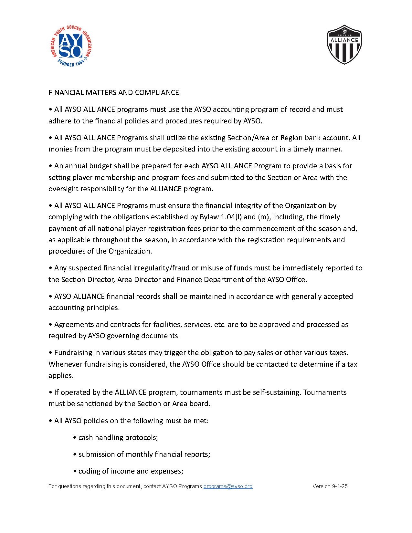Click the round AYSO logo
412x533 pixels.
click(71, 46)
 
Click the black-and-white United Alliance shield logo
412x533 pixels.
click(344, 44)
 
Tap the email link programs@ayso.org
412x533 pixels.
click(228, 486)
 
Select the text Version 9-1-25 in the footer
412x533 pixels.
click(330, 486)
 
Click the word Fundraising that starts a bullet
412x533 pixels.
click(73, 353)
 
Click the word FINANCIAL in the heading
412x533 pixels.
click(66, 93)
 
